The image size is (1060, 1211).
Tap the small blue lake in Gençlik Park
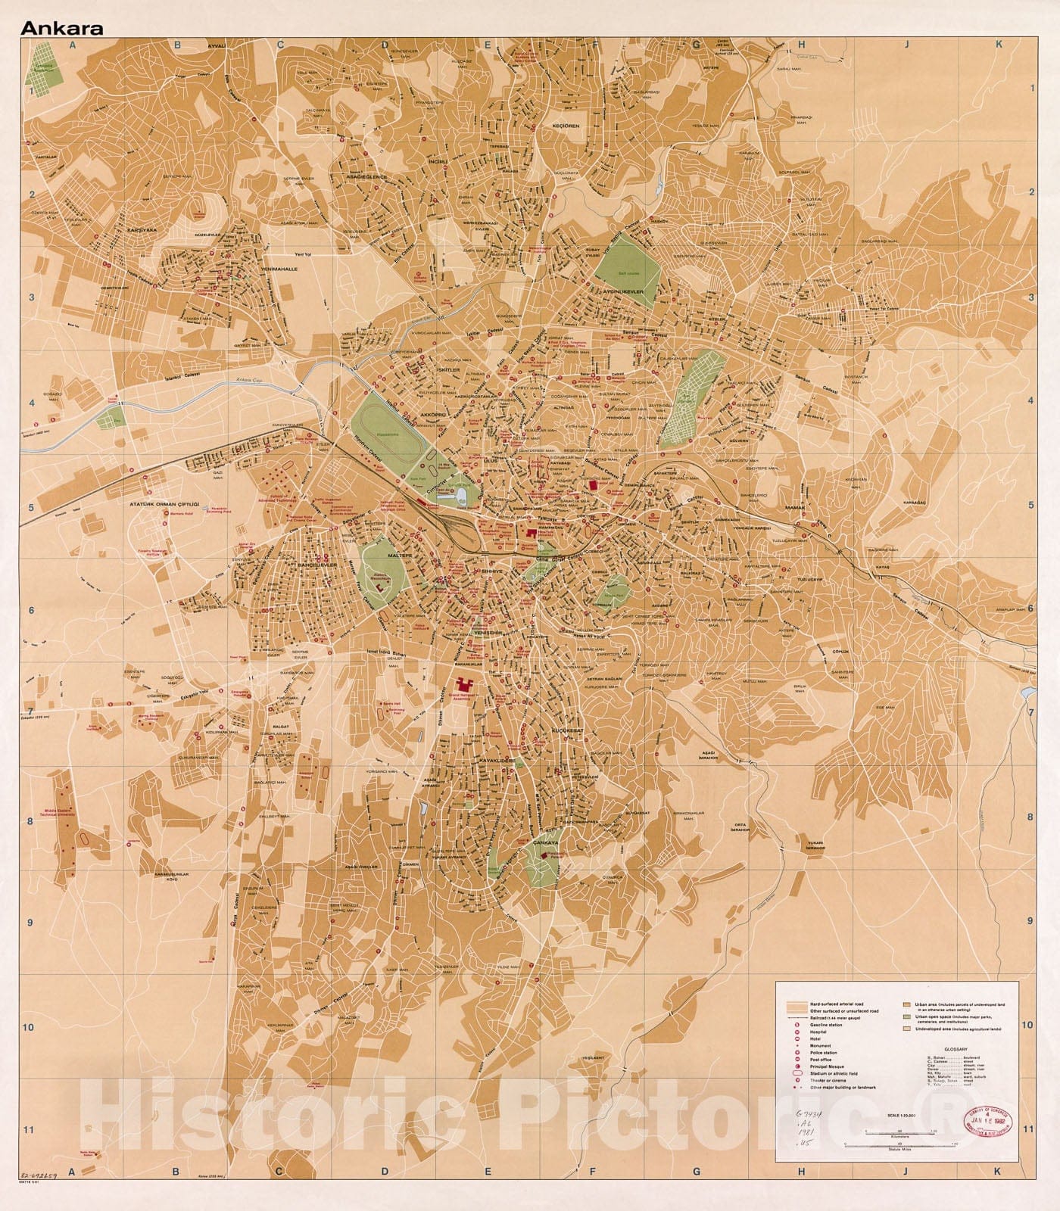click(460, 495)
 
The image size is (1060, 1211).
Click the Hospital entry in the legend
click(818, 1032)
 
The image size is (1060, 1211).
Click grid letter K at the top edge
click(999, 44)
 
